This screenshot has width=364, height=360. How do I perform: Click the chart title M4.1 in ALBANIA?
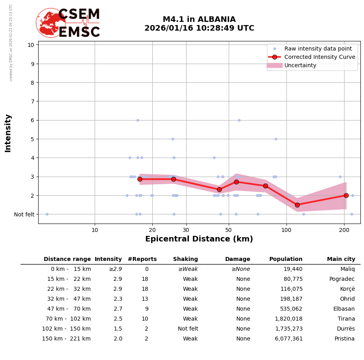pos(199,19)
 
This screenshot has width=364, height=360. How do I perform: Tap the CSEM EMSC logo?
pos(68,23)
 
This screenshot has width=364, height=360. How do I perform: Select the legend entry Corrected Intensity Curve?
pos(319,57)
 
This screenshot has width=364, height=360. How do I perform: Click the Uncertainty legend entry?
pos(300,65)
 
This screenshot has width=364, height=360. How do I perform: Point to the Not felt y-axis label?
pos(24,214)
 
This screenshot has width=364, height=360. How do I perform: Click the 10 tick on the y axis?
pos(31,45)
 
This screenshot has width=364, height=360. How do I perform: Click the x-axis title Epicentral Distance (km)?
pos(199,239)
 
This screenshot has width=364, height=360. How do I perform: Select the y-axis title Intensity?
pos(8,133)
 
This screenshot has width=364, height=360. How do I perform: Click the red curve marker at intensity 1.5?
pos(297,205)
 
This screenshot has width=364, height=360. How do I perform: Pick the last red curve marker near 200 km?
pos(346,195)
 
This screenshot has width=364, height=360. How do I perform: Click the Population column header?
pos(286,259)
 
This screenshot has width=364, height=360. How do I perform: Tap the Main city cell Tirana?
pos(346,319)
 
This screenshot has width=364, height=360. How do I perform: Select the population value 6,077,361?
pos(288,339)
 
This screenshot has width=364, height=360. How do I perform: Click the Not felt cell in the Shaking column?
pos(188,329)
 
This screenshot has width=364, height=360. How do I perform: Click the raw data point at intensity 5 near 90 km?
pos(276,139)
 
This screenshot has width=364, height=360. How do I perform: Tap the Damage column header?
pos(237,259)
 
